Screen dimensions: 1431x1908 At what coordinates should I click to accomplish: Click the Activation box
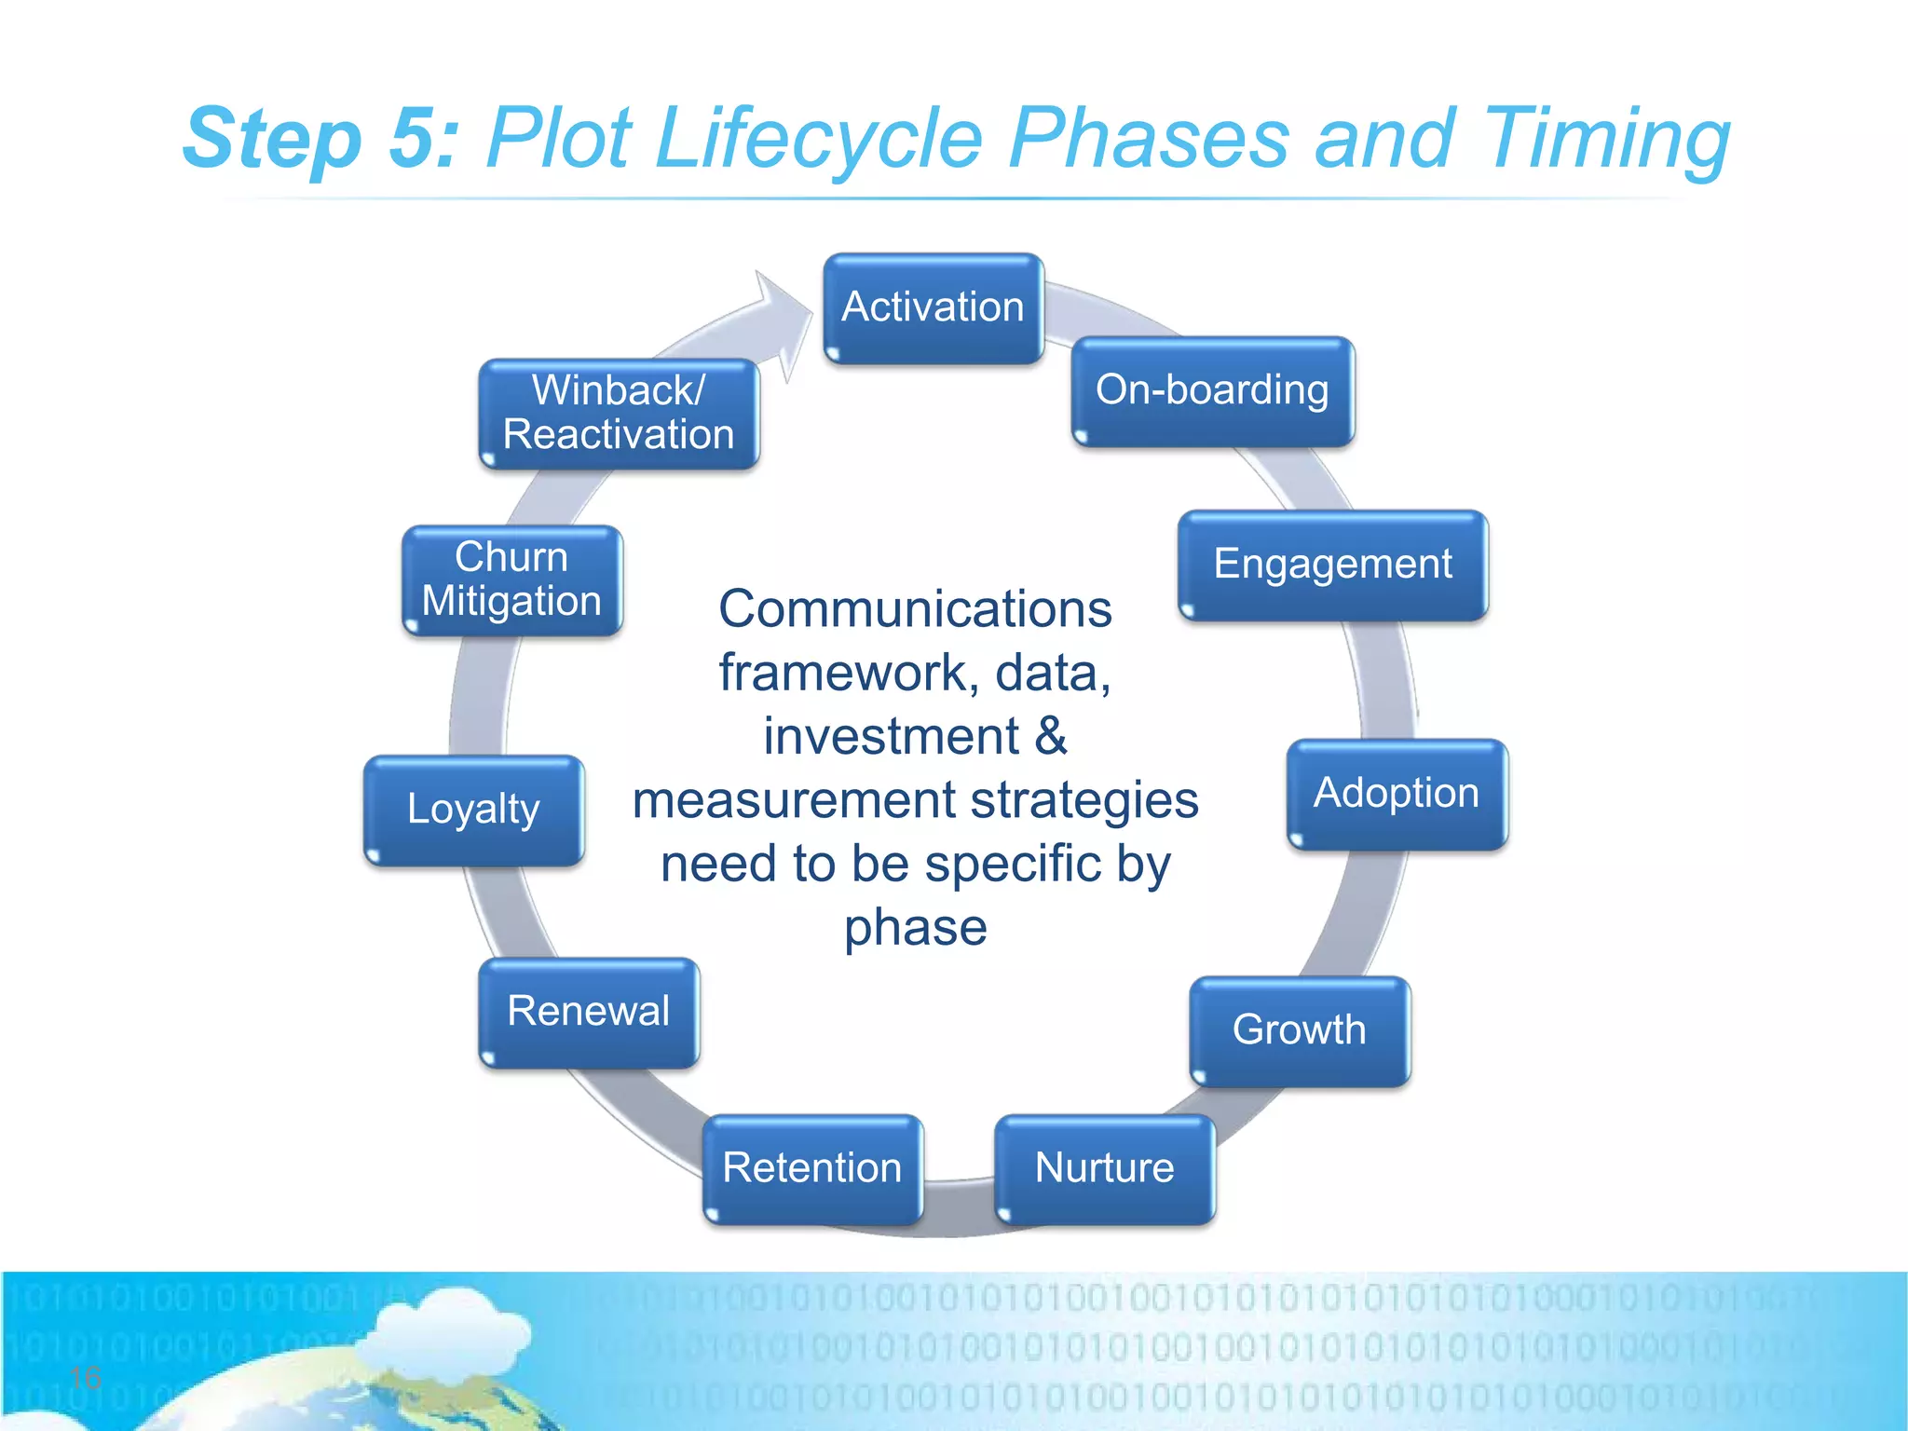(933, 308)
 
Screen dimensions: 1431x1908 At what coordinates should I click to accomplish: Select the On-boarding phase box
(1212, 391)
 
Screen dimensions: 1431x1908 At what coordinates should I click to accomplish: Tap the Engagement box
(1332, 565)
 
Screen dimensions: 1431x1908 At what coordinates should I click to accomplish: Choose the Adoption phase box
(1396, 794)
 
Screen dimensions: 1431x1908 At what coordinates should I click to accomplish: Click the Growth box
(1299, 1030)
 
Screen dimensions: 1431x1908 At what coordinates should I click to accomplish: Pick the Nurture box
(1104, 1168)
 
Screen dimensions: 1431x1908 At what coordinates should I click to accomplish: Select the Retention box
(811, 1168)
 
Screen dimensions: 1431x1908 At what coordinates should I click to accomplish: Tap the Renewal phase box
(588, 1012)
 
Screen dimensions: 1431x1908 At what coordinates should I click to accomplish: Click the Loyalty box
(473, 810)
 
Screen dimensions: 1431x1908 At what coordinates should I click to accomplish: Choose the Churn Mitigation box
(511, 579)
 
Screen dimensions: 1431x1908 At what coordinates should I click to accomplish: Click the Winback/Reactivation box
(619, 413)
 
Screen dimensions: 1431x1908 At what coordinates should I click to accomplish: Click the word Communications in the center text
(915, 609)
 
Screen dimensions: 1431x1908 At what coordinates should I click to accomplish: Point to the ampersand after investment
(1050, 736)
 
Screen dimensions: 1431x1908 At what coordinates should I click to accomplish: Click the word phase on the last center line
(915, 927)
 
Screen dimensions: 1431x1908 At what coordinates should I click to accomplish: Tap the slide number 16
(85, 1377)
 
